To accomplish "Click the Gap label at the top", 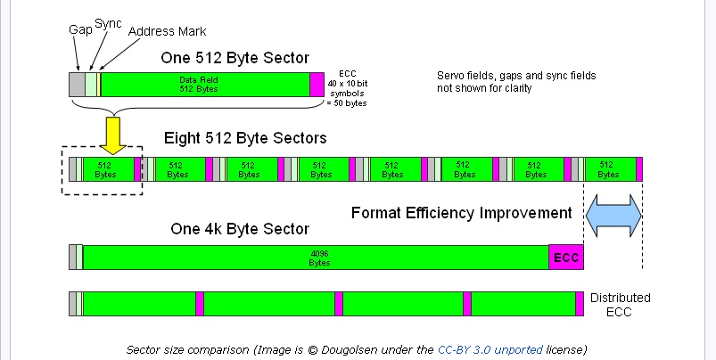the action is coord(80,30).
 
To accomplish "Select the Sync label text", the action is coord(108,24).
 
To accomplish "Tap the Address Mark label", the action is coord(167,31).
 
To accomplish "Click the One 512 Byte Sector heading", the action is coord(235,58).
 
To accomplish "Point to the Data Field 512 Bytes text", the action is coord(199,85).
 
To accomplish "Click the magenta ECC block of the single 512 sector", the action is coord(317,85).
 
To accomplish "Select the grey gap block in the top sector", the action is coord(78,85).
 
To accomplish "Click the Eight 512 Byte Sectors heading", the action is coord(245,138).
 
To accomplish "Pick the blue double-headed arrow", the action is coord(613,216).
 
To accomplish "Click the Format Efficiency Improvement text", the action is coord(461,213).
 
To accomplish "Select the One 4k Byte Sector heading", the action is coord(240,229).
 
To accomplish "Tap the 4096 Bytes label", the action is coord(319,258).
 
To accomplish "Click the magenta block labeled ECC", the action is coord(566,258).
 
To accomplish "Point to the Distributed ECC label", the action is coord(620,305).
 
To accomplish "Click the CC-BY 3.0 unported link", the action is coord(490,350).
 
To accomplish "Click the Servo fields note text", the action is coord(516,82).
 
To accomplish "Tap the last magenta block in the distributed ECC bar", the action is coord(580,304).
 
